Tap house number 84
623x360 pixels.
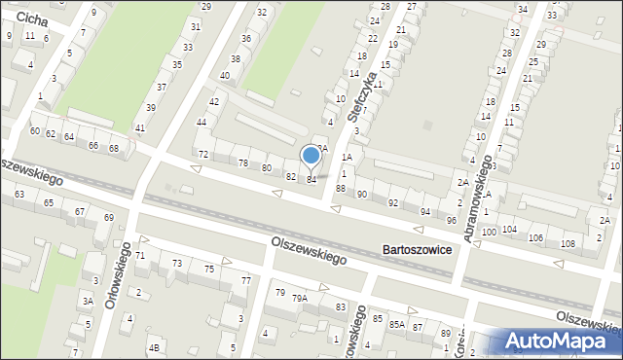tap(311, 179)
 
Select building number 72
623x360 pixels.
tap(203, 155)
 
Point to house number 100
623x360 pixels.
tap(488, 233)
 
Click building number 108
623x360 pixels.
tap(568, 242)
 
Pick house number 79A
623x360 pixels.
tap(301, 298)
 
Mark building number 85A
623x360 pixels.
tap(396, 323)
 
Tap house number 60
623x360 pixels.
tap(35, 130)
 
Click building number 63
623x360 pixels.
tap(19, 195)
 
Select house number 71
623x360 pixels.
tap(140, 255)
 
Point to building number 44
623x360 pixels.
tap(202, 122)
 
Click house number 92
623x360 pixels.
tap(393, 202)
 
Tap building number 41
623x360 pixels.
tap(140, 127)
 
